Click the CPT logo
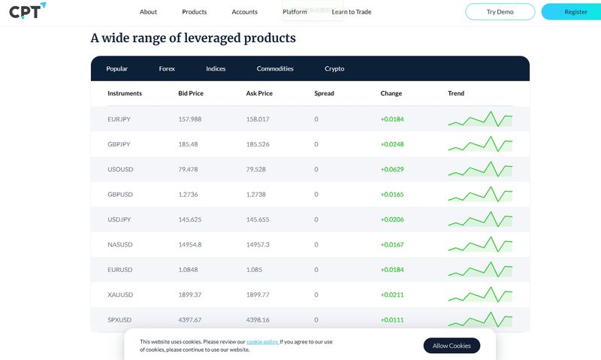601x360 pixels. point(28,11)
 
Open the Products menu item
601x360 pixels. point(195,12)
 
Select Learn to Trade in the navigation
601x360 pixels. point(352,12)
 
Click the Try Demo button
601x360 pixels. point(500,12)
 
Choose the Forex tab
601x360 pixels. point(167,68)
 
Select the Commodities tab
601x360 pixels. point(275,68)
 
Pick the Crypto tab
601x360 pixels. point(334,68)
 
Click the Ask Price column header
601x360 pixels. point(259,93)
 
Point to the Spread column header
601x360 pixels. point(324,93)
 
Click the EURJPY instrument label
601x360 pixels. point(119,119)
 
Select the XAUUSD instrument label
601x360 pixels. point(120,295)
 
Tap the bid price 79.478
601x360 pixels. point(188,169)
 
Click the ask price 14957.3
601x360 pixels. point(258,244)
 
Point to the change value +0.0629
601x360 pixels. point(392,169)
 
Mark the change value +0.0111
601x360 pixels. point(392,319)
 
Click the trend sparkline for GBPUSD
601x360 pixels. point(480,194)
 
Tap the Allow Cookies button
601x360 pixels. point(452,346)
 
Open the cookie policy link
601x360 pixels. point(262,342)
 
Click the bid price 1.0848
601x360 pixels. point(188,270)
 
